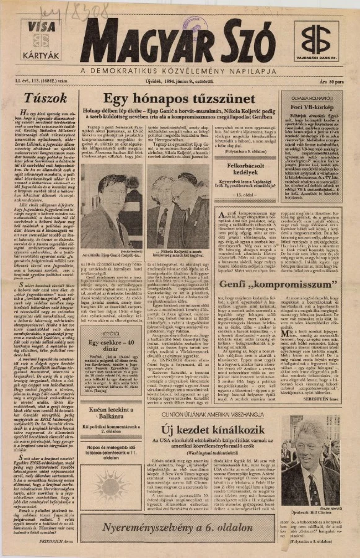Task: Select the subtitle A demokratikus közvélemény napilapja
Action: point(179,69)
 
